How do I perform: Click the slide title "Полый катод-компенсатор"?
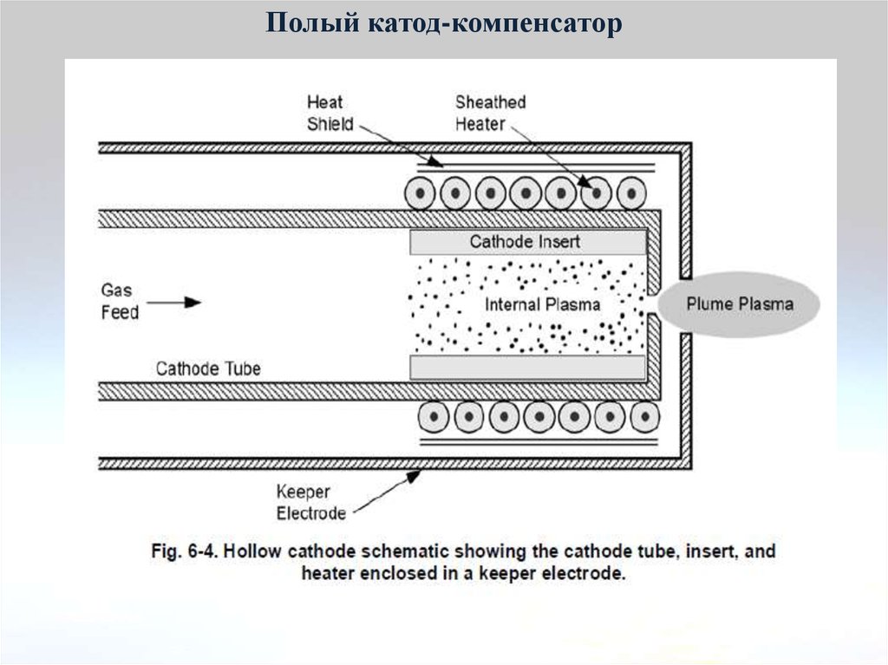coord(443,23)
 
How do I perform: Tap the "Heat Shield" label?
coord(330,114)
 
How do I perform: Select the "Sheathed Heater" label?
coord(490,114)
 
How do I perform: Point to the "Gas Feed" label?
coord(120,301)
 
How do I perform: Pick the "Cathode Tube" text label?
coord(208,368)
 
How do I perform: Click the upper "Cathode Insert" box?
coord(526,241)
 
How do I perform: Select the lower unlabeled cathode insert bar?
coord(527,368)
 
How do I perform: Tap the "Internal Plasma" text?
coord(542,304)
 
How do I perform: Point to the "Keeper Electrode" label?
coord(310,503)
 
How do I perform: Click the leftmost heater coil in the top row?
coord(421,193)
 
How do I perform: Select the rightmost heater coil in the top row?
coord(630,193)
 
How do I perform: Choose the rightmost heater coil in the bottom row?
coord(643,417)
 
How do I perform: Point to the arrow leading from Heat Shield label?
coord(398,142)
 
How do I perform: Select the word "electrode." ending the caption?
coord(586,573)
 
